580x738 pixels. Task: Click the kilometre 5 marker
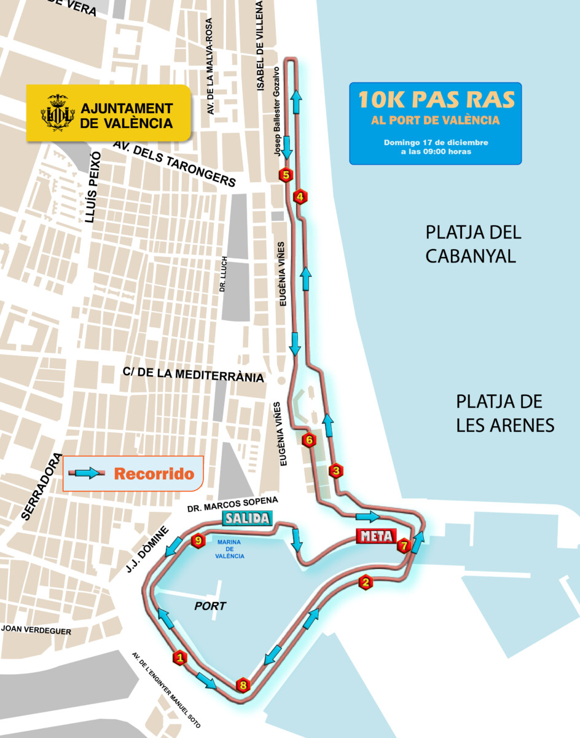pyautogui.click(x=285, y=175)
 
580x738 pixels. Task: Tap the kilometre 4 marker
pyautogui.click(x=300, y=197)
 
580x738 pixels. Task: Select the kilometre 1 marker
pyautogui.click(x=180, y=658)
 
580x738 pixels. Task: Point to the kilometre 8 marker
pyautogui.click(x=243, y=684)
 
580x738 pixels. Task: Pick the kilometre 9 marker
pyautogui.click(x=197, y=541)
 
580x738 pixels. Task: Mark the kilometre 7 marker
pyautogui.click(x=404, y=545)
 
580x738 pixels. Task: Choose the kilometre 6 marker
pyautogui.click(x=309, y=440)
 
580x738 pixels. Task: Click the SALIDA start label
pyautogui.click(x=246, y=518)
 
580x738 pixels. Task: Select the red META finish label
pyautogui.click(x=375, y=536)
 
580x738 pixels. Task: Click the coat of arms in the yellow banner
pyautogui.click(x=58, y=113)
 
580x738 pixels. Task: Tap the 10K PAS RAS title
pyautogui.click(x=436, y=99)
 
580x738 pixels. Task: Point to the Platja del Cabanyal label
pyautogui.click(x=473, y=244)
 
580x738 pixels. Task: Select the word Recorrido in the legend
pyautogui.click(x=154, y=474)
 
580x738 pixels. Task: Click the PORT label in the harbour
pyautogui.click(x=210, y=606)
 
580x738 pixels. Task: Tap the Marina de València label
pyautogui.click(x=230, y=549)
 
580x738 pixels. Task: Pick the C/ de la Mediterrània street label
pyautogui.click(x=193, y=375)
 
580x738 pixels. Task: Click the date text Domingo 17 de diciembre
pyautogui.click(x=436, y=142)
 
